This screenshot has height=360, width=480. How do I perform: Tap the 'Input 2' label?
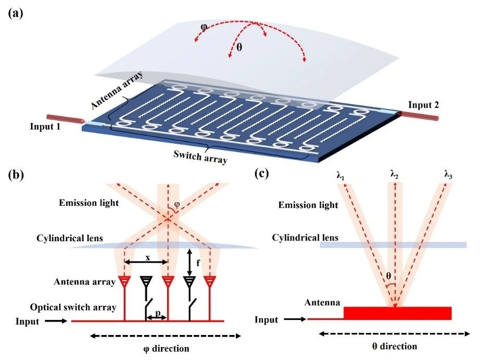[x=423, y=105]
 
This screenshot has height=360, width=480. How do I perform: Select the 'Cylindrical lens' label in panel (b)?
[x=73, y=238]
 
